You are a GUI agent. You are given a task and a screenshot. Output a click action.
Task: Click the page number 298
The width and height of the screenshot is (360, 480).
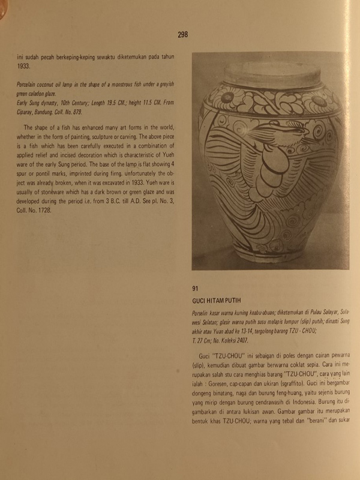pos(182,34)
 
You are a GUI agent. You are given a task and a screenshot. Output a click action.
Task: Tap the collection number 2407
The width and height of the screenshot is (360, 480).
pos(256,340)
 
